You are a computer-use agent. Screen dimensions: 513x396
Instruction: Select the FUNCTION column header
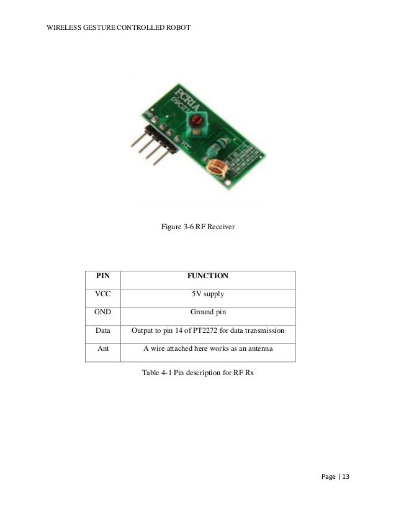point(208,275)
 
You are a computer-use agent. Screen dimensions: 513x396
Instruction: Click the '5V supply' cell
point(208,294)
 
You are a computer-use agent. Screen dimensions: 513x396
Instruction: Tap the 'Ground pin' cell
point(208,312)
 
